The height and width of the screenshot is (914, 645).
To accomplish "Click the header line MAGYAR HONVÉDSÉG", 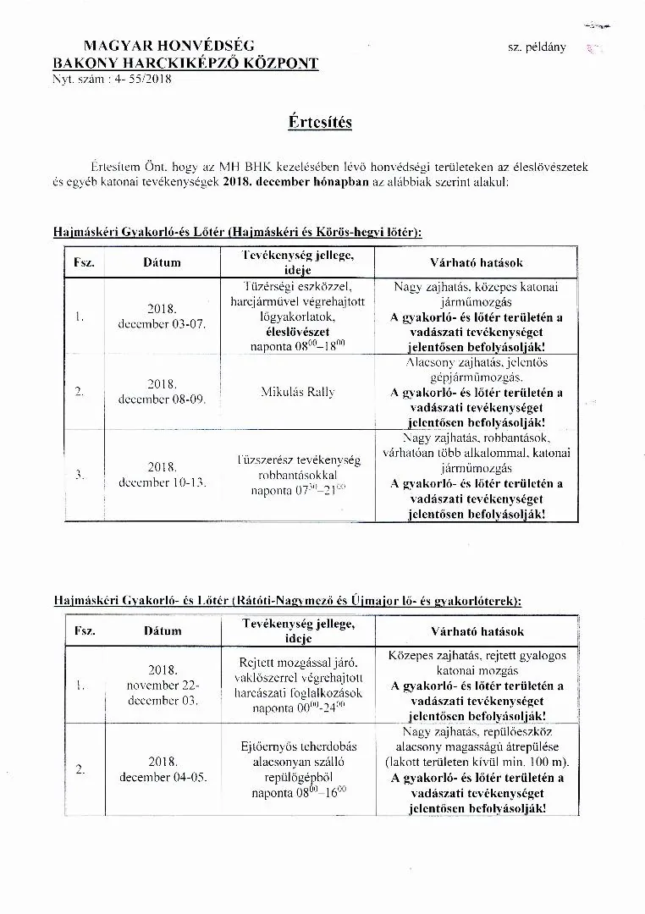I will click(x=168, y=46).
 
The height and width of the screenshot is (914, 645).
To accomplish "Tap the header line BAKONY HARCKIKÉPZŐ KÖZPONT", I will click(x=185, y=63).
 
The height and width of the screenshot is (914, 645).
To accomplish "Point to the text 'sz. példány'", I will click(x=537, y=48).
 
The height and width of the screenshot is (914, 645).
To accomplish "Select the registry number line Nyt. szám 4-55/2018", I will click(x=112, y=79).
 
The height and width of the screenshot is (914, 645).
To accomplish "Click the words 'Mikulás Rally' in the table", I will click(x=298, y=392).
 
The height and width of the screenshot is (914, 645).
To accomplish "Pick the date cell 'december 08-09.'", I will click(x=162, y=399).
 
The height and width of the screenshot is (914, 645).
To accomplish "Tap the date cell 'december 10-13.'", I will click(x=162, y=482).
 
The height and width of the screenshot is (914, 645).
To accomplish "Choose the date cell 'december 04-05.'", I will click(x=163, y=777).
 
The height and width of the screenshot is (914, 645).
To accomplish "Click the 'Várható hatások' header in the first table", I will click(x=477, y=262).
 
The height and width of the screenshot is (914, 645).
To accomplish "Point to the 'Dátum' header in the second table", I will click(x=162, y=630).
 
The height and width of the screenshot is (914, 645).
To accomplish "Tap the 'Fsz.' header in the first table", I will click(x=83, y=262).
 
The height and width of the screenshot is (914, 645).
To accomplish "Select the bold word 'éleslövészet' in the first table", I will click(x=298, y=332).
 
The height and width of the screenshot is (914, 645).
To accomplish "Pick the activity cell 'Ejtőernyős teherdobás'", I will click(x=298, y=746).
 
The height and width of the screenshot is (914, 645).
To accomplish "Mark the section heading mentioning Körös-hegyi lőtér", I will click(x=237, y=231).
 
